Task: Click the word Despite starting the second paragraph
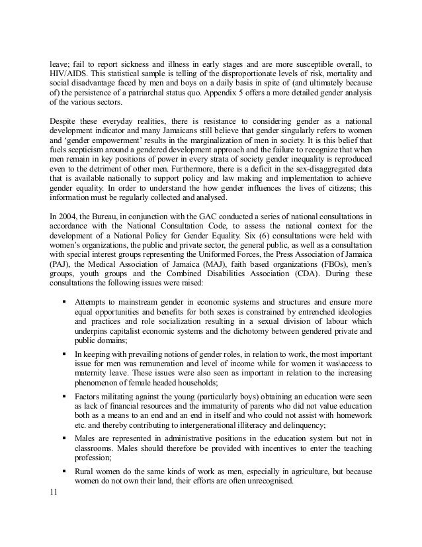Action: click(x=64, y=121)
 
